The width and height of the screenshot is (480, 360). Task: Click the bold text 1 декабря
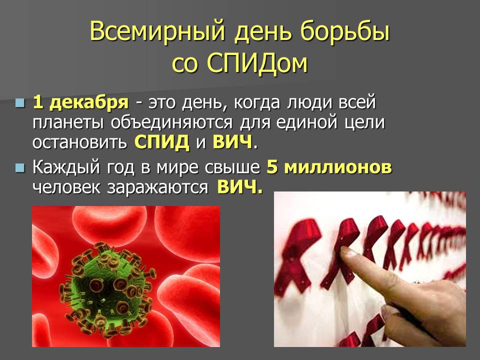click(x=81, y=102)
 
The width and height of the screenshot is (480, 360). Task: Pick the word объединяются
click(x=171, y=123)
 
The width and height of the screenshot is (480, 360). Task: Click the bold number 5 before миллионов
click(x=271, y=167)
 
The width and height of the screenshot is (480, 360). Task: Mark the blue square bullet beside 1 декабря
click(x=20, y=102)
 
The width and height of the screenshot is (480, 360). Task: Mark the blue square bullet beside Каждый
click(x=20, y=168)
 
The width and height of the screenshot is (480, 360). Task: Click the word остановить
click(x=79, y=142)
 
